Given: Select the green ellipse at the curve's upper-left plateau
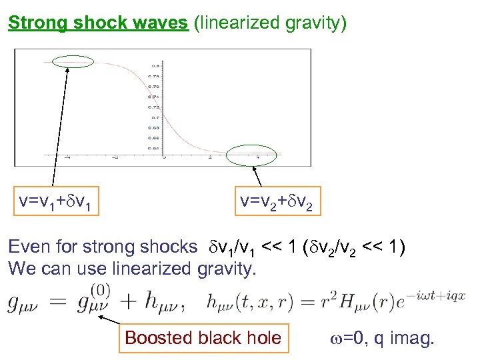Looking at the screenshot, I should (x=71, y=63).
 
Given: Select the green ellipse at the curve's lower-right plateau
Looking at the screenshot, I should (x=247, y=156).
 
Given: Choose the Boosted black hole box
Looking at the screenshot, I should (x=203, y=337).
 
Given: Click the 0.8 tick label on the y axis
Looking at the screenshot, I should (x=155, y=66).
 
